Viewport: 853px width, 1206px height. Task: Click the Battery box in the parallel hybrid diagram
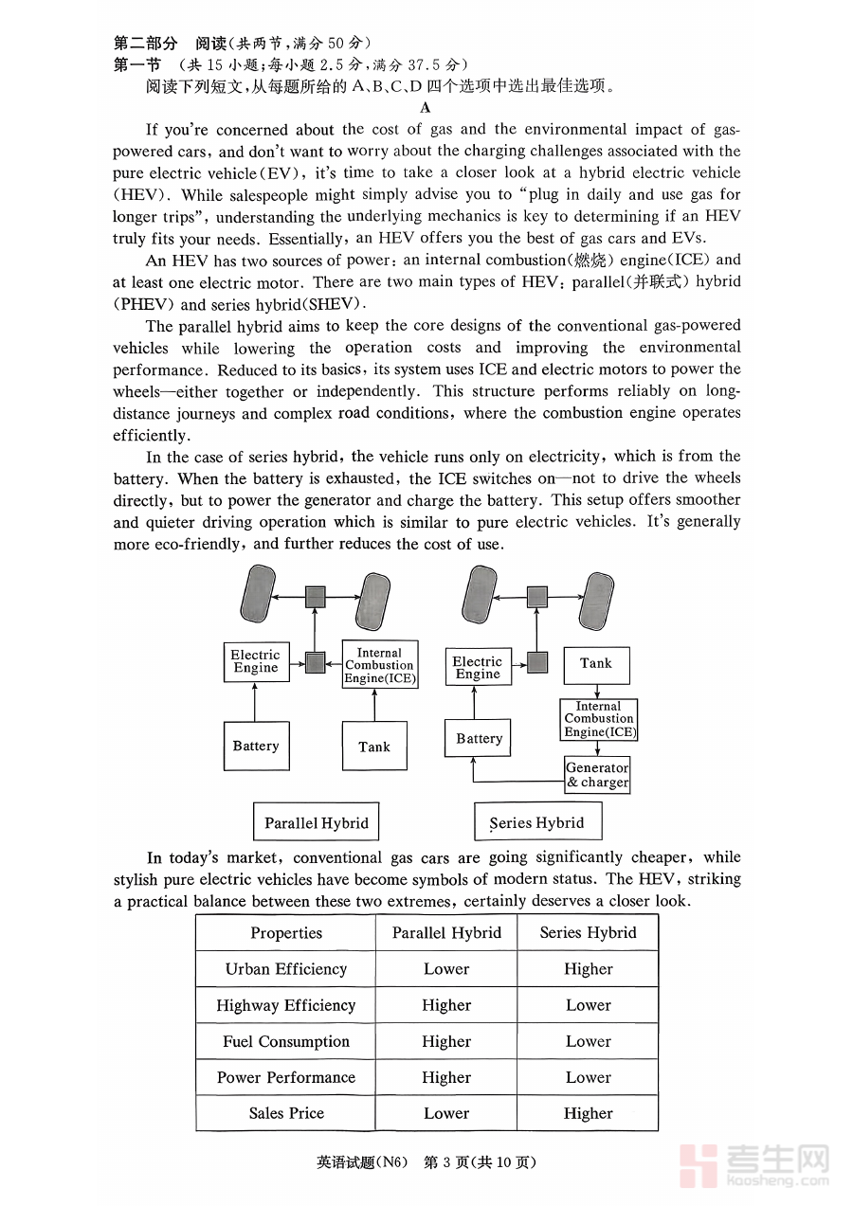coord(256,746)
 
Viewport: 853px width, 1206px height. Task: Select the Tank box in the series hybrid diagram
coord(596,664)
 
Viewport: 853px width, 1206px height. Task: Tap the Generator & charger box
coord(597,775)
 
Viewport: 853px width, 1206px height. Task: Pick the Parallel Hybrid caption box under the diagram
coord(317,822)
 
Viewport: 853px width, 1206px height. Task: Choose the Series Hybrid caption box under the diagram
coord(537,822)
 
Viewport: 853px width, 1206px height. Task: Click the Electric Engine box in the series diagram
coord(478,668)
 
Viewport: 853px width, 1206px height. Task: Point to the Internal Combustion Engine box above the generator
coord(598,719)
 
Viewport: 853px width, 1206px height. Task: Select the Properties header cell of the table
coord(286,933)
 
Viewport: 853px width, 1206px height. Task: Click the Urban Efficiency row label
coord(286,969)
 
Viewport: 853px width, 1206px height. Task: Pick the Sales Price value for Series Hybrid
coord(588,1113)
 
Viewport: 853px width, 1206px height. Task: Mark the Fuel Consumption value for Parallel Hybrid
coord(446,1041)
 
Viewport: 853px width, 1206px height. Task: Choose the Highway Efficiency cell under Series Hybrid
coord(588,1005)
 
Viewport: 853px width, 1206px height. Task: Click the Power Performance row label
coord(286,1077)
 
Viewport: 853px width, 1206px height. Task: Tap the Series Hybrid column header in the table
coord(588,933)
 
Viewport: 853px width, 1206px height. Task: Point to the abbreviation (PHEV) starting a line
coord(143,304)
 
